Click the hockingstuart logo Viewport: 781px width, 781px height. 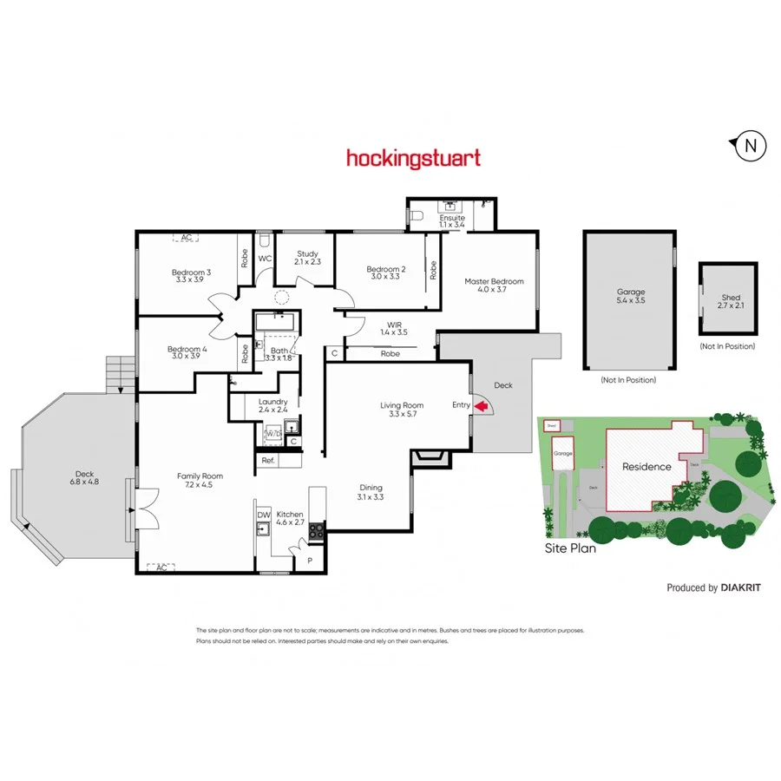(413, 158)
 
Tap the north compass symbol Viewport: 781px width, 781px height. (750, 147)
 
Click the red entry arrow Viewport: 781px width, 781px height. (480, 405)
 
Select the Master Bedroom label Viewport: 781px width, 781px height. (494, 285)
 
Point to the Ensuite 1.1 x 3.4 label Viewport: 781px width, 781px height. (452, 221)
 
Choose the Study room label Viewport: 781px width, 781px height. (307, 258)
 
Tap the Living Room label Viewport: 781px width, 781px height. (401, 410)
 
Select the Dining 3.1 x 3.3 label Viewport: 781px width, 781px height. (370, 492)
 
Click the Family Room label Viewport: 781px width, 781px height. (200, 481)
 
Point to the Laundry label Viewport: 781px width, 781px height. (272, 406)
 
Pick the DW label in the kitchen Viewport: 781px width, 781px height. (264, 515)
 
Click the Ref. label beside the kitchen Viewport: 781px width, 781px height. (268, 461)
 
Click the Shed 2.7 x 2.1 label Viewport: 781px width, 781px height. (731, 302)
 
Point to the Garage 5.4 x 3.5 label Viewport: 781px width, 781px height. (630, 297)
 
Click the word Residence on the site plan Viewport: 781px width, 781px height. (646, 467)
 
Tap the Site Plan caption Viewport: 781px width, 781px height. (570, 548)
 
